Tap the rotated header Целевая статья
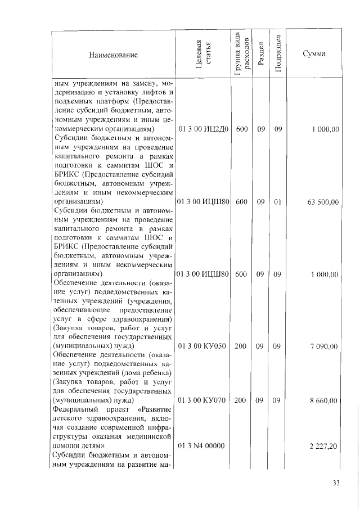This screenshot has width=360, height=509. click(203, 55)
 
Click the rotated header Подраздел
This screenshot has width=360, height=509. click(277, 55)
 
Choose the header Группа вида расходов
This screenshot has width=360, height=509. click(241, 55)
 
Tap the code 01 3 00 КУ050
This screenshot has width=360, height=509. click(202, 346)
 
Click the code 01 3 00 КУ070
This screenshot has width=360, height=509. click(202, 400)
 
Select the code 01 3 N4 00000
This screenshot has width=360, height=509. click(201, 446)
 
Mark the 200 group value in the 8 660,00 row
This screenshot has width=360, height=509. click(241, 400)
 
